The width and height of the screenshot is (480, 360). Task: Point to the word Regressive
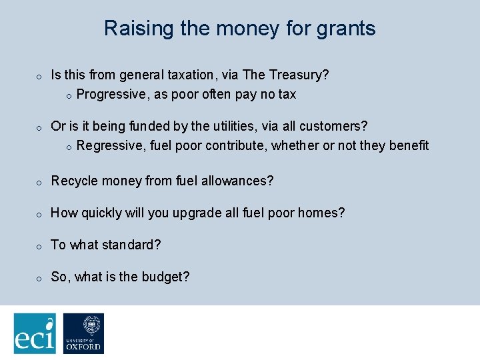[111, 146]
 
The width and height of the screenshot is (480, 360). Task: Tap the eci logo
[35, 333]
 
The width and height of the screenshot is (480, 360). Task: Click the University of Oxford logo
[83, 333]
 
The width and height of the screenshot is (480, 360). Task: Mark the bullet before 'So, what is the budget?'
[39, 278]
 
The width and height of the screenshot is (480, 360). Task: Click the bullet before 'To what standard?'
[39, 246]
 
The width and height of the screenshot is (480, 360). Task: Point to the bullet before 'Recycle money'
[39, 182]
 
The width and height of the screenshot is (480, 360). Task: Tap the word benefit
[408, 146]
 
